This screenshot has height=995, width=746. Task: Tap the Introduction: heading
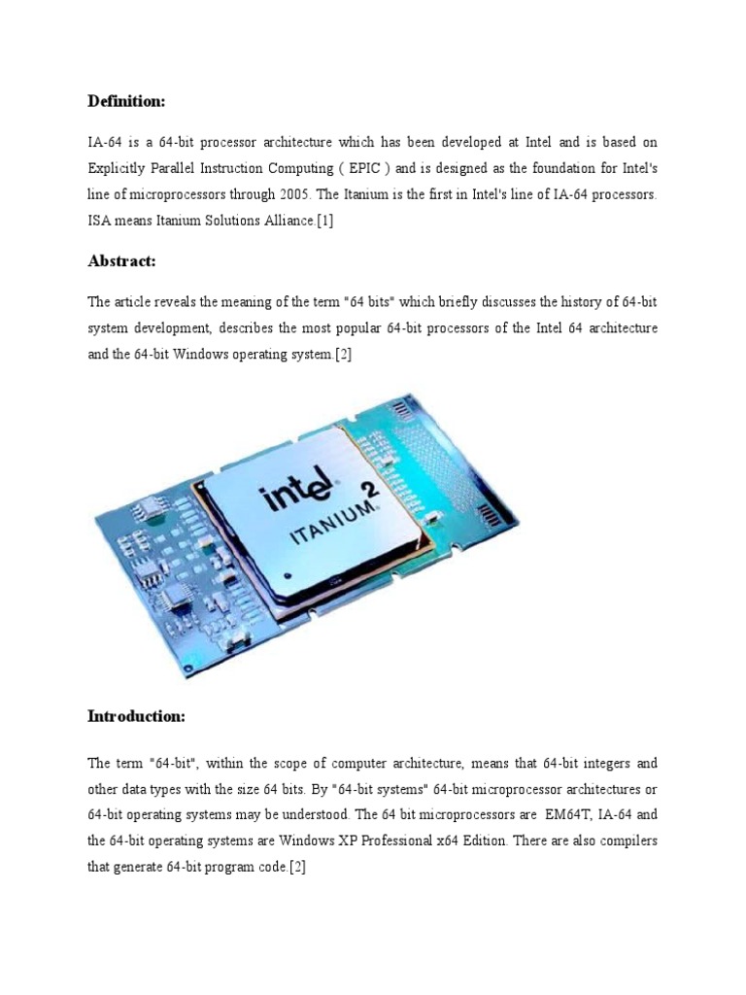click(136, 716)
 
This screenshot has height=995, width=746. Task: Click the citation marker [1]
click(324, 222)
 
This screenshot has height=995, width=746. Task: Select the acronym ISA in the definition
click(100, 222)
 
